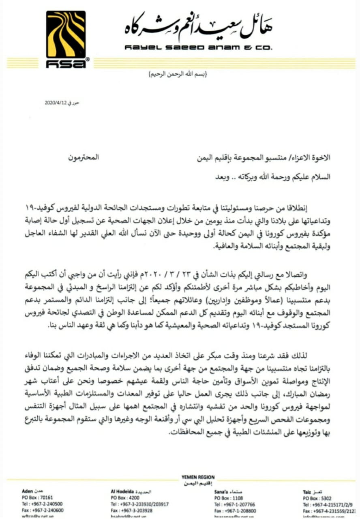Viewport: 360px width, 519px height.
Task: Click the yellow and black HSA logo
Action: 65,39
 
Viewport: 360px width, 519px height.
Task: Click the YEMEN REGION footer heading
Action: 199,477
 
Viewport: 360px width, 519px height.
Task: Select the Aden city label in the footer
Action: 27,491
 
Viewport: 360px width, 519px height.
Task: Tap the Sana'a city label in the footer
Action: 222,491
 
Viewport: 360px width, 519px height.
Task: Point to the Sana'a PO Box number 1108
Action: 236,498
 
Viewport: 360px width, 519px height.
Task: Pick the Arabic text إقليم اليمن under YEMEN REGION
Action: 198,484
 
